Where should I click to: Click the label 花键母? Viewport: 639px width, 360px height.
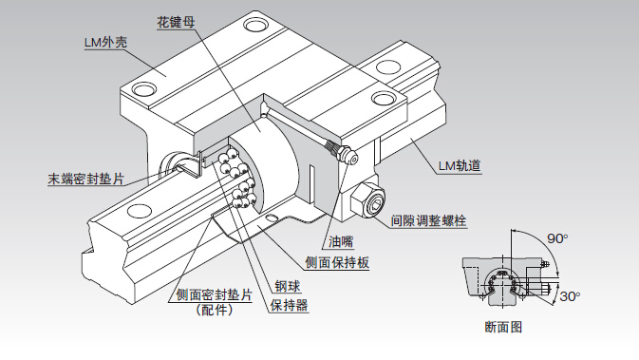(x=176, y=22)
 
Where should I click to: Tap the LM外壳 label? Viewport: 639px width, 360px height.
(x=106, y=42)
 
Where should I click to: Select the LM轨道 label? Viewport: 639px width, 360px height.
(x=460, y=166)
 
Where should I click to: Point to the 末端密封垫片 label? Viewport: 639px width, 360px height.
(x=86, y=179)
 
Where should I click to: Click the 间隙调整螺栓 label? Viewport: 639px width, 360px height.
(x=428, y=220)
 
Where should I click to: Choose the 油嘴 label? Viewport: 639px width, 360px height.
(x=341, y=242)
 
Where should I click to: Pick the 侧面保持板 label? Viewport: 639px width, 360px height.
(x=337, y=262)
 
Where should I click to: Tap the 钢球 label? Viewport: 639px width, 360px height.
(x=288, y=286)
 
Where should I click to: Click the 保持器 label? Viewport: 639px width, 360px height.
(x=289, y=305)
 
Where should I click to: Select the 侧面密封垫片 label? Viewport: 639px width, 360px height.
(x=215, y=294)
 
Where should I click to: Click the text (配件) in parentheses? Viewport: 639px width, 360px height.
(x=215, y=310)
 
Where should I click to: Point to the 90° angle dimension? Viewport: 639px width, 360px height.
(x=557, y=238)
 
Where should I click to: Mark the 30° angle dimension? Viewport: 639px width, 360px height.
(x=570, y=296)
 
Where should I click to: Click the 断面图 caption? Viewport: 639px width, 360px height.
(x=504, y=327)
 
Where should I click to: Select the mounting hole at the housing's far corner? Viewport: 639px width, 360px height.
(x=256, y=25)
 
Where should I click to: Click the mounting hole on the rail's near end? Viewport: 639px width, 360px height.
(x=140, y=211)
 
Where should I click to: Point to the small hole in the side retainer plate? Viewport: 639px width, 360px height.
(x=271, y=218)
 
